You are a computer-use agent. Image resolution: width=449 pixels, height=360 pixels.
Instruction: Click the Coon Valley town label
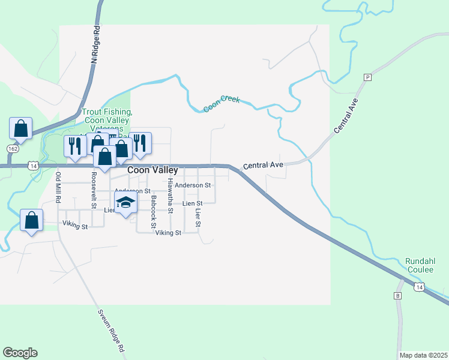[x=152, y=170]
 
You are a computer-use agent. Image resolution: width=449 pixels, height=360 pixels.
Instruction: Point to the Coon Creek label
[x=221, y=103]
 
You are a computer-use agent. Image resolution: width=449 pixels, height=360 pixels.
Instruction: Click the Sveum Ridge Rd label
[x=112, y=331]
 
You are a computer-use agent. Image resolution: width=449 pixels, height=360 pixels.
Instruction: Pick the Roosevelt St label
[x=94, y=191]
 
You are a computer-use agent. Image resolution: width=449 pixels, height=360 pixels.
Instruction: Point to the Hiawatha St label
[x=170, y=196]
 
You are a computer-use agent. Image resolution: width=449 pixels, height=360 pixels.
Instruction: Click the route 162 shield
[x=12, y=148]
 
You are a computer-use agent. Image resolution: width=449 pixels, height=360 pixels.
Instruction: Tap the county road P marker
[x=367, y=77]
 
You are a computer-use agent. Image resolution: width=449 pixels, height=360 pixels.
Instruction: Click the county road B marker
[x=397, y=296]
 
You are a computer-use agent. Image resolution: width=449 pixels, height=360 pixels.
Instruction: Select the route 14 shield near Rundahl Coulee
[x=420, y=287]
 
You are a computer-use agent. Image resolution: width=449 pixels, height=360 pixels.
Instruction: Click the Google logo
[x=20, y=353]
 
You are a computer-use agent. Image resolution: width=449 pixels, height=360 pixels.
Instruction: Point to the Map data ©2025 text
[x=423, y=355]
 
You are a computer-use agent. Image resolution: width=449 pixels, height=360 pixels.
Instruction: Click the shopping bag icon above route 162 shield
[x=20, y=128]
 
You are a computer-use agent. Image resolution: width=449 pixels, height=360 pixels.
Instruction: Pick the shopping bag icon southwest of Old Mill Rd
[x=31, y=220]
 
